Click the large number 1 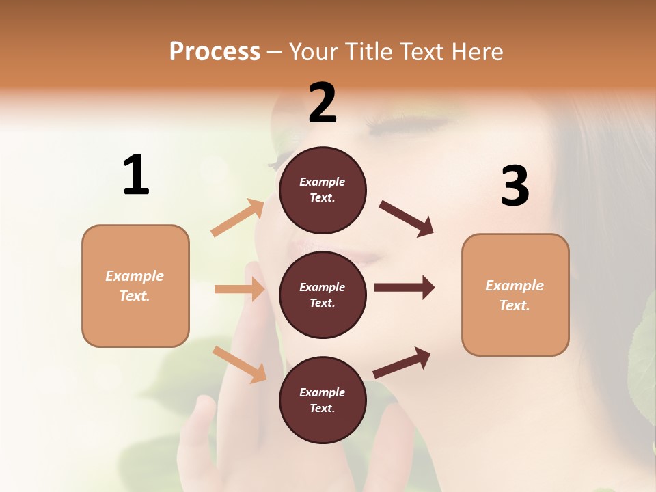[x=136, y=176]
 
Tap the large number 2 [x=323, y=103]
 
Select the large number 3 [x=515, y=187]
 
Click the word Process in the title [x=215, y=51]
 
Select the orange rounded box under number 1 [x=135, y=286]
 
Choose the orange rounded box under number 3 [x=515, y=295]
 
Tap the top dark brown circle [x=323, y=190]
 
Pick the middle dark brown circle [x=323, y=295]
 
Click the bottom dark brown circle [x=323, y=400]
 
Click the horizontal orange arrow [x=240, y=289]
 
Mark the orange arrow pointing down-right [x=240, y=364]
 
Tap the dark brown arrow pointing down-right [x=407, y=219]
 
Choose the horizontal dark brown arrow [x=405, y=288]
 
